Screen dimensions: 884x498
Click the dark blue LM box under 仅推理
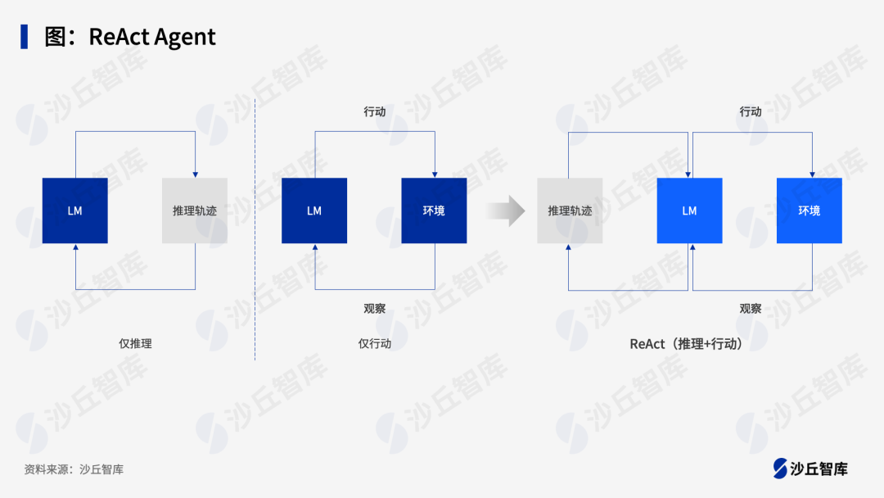click(74, 211)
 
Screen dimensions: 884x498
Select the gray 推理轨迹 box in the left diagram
click(195, 211)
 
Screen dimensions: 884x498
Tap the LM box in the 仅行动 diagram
click(314, 211)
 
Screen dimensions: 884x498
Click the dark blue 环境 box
click(434, 211)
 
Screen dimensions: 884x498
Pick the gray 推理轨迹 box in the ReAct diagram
click(570, 211)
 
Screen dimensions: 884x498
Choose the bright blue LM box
click(689, 211)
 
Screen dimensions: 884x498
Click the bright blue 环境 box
click(809, 211)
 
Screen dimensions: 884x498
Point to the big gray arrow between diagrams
click(505, 211)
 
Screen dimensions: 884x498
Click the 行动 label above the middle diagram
click(375, 111)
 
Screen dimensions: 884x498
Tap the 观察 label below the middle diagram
click(375, 309)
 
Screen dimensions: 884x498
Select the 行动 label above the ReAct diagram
click(751, 111)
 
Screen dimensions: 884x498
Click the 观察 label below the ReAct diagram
click(751, 309)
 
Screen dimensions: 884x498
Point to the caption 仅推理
click(135, 344)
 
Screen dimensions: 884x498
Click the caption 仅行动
click(375, 344)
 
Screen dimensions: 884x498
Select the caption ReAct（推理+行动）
click(688, 344)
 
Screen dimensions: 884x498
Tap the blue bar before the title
click(25, 37)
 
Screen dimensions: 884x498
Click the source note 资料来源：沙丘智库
click(74, 469)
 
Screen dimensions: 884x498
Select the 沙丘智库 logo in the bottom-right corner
click(810, 469)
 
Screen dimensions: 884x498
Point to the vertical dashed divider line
click(255, 229)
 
